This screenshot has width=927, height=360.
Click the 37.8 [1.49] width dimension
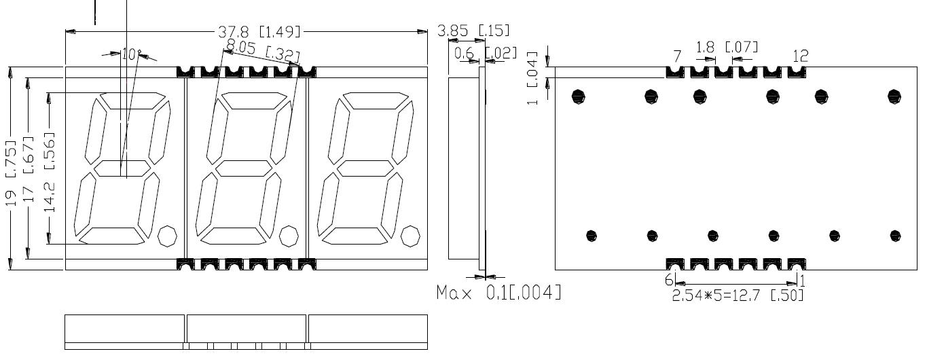click(260, 32)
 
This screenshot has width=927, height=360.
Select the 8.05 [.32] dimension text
click(263, 50)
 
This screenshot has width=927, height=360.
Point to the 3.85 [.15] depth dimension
click(473, 31)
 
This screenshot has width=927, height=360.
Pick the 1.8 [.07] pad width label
click(727, 47)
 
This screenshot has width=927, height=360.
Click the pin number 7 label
click(676, 55)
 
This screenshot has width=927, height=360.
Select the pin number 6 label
click(668, 280)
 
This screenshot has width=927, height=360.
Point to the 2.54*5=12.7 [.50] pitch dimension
click(738, 295)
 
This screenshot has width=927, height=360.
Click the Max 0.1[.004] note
click(498, 293)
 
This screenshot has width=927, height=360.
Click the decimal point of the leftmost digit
click(167, 236)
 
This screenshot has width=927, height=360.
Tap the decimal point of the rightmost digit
click(410, 236)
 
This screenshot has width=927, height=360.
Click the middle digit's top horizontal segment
click(248, 101)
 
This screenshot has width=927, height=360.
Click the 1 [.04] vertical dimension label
click(532, 77)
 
